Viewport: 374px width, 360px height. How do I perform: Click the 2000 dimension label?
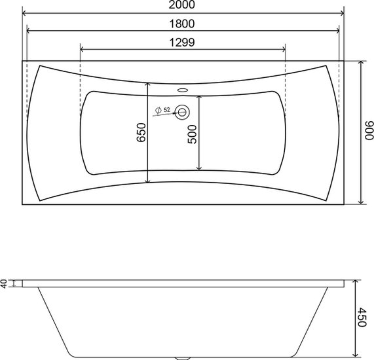[181, 5]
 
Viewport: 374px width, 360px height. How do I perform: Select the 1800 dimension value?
[181, 24]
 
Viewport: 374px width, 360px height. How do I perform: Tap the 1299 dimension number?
[181, 43]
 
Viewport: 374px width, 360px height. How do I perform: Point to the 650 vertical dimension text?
[141, 133]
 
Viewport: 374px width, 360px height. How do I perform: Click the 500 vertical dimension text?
[193, 134]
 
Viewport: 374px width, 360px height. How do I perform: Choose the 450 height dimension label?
[362, 317]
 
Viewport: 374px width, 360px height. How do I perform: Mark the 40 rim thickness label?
[4, 283]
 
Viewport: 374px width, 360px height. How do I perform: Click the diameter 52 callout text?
[162, 110]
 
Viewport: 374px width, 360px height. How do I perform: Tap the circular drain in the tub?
[181, 113]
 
